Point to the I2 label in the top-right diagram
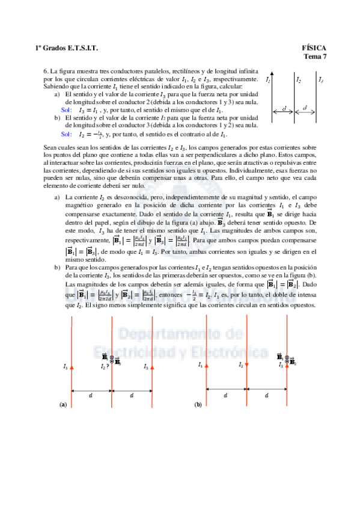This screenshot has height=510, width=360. pos(299,79)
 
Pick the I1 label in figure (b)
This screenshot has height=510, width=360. pos(200,365)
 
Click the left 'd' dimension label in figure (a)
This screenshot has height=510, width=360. pos(92,395)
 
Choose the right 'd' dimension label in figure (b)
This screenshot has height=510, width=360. pos(267,395)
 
